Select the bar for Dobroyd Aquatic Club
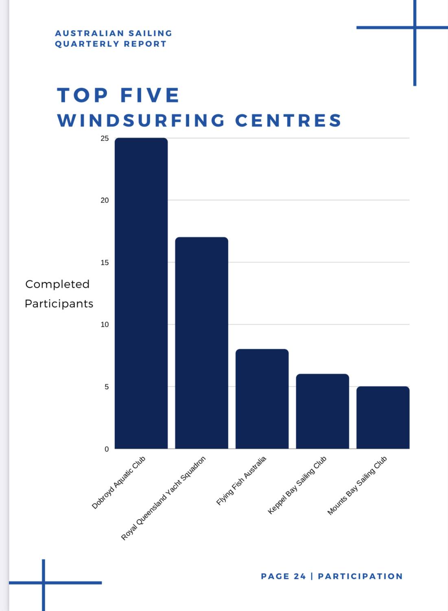tap(141, 293)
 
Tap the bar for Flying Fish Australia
tap(262, 399)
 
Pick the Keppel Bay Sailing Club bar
tap(322, 411)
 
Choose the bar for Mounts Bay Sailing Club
tap(383, 418)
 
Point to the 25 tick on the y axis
tap(105, 138)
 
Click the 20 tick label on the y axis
tap(105, 200)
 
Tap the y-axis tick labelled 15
tap(105, 263)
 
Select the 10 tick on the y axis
tap(105, 325)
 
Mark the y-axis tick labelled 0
tap(107, 449)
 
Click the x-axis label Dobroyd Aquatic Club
tap(118, 483)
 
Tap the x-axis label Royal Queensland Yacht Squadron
tap(163, 498)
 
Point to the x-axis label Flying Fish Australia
tap(241, 481)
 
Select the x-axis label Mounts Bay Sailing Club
tap(357, 486)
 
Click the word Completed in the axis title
tap(57, 284)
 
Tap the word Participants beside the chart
tap(59, 304)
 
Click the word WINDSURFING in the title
tap(141, 121)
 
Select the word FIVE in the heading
tap(150, 96)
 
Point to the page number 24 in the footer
tap(299, 576)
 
